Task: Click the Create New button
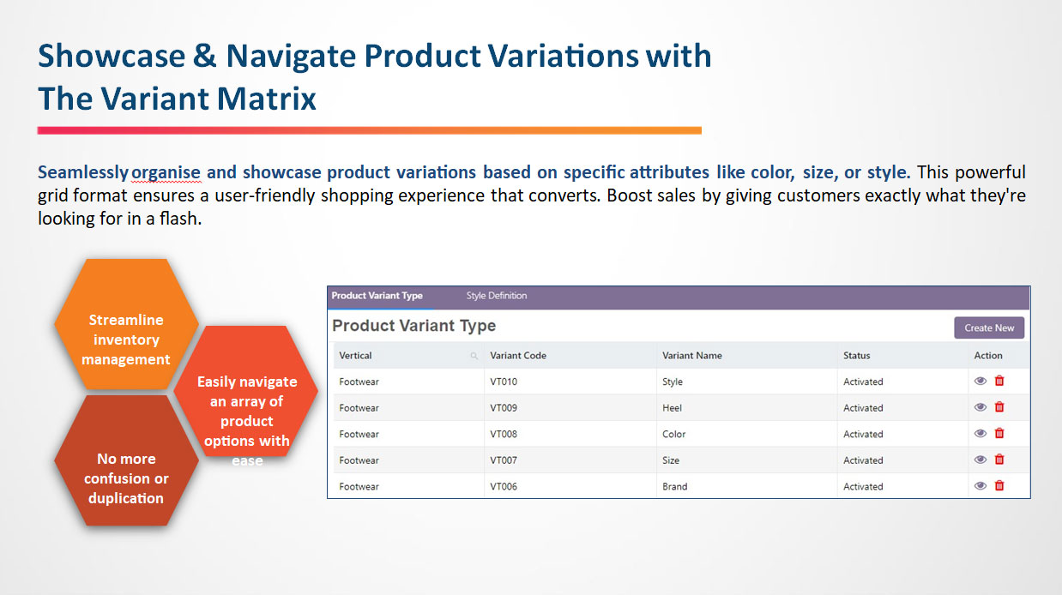[x=989, y=328]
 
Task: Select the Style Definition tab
[x=497, y=296]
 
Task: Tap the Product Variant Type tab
[x=377, y=296]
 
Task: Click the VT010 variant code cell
[x=504, y=382]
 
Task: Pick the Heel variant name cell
[x=672, y=408]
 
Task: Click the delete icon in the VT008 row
[x=999, y=434]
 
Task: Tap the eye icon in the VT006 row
[x=981, y=485]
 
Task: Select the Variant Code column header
[x=518, y=355]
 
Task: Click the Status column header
[x=857, y=355]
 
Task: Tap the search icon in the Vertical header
[x=474, y=356]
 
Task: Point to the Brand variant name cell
[x=674, y=486]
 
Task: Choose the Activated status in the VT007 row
[x=863, y=460]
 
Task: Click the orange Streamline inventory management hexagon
[x=126, y=324]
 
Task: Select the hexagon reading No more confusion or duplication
[x=126, y=460]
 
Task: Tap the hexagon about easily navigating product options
[x=246, y=391]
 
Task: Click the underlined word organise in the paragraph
[x=166, y=172]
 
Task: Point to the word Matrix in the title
[x=267, y=99]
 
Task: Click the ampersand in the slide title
[x=205, y=56]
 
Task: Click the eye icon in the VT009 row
[x=981, y=407]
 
